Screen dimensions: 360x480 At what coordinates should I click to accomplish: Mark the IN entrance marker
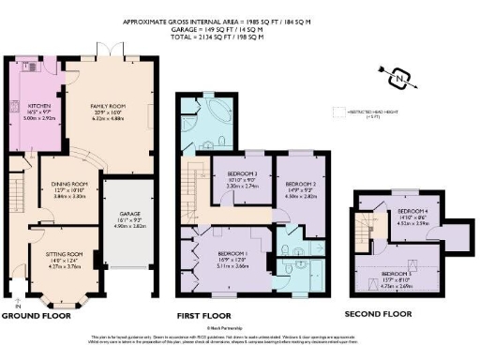18,306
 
